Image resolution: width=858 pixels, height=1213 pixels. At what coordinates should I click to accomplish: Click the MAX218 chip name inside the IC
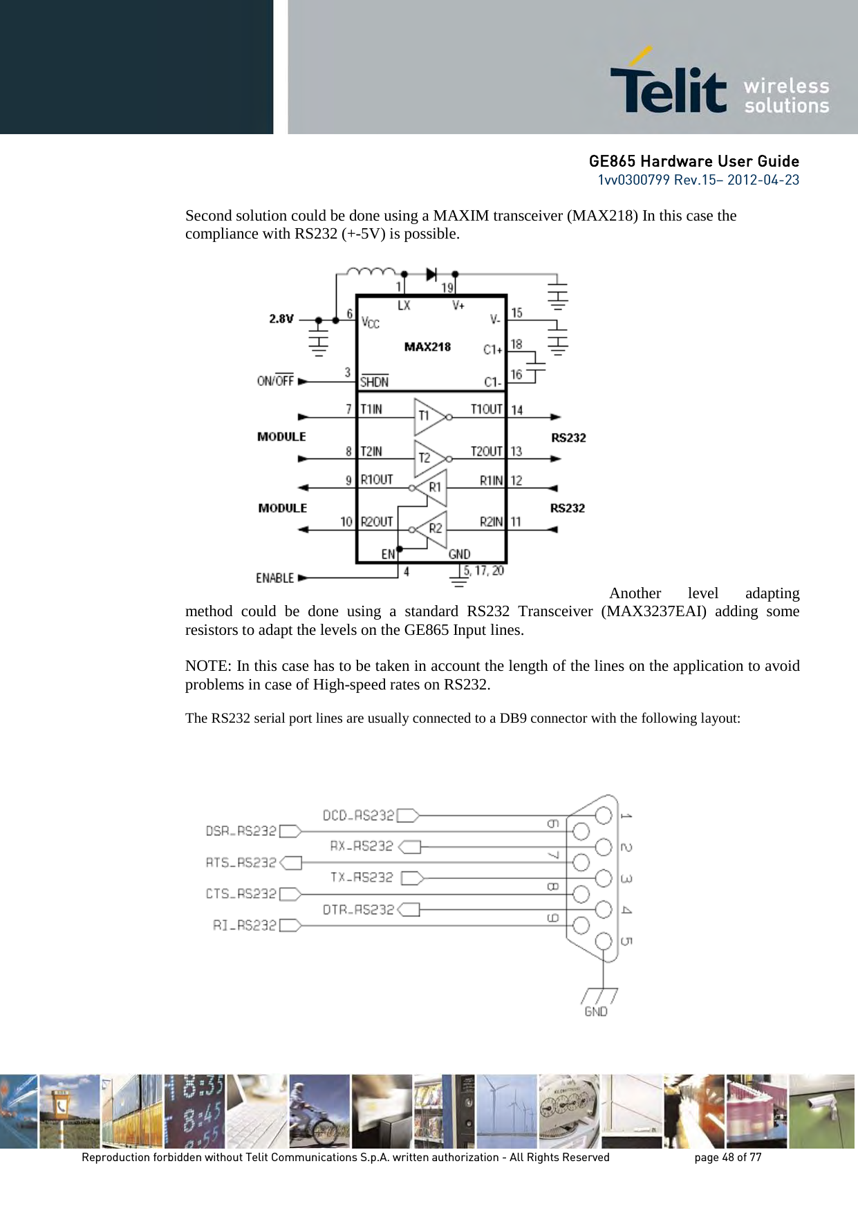[x=427, y=347]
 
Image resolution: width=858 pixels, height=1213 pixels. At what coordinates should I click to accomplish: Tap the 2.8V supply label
[x=281, y=319]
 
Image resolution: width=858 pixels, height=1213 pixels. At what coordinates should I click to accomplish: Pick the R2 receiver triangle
[x=432, y=529]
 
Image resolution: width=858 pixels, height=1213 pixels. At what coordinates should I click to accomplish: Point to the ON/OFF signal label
[x=275, y=380]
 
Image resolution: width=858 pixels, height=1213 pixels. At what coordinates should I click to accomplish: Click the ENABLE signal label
[x=275, y=577]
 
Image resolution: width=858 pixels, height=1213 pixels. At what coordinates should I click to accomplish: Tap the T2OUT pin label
[x=486, y=452]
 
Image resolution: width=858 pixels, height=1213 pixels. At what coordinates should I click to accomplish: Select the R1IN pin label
[x=491, y=481]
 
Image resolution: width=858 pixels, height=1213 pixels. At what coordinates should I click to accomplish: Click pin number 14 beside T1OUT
[x=516, y=410]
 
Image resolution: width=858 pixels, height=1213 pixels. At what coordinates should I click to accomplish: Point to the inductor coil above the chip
[x=370, y=272]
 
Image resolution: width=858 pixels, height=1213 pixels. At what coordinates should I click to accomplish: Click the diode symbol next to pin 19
[x=431, y=275]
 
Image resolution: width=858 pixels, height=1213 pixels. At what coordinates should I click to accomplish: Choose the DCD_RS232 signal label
[x=358, y=815]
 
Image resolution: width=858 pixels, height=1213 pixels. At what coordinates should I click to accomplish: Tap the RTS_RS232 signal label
[x=241, y=862]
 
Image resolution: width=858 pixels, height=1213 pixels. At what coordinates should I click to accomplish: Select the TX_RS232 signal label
[x=362, y=878]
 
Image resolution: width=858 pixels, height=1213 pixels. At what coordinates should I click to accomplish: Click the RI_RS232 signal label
[x=244, y=925]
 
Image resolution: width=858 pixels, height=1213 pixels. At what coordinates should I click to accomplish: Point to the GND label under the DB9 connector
[x=596, y=1011]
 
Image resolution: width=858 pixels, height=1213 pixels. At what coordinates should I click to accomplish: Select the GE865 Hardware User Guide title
[x=693, y=161]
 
